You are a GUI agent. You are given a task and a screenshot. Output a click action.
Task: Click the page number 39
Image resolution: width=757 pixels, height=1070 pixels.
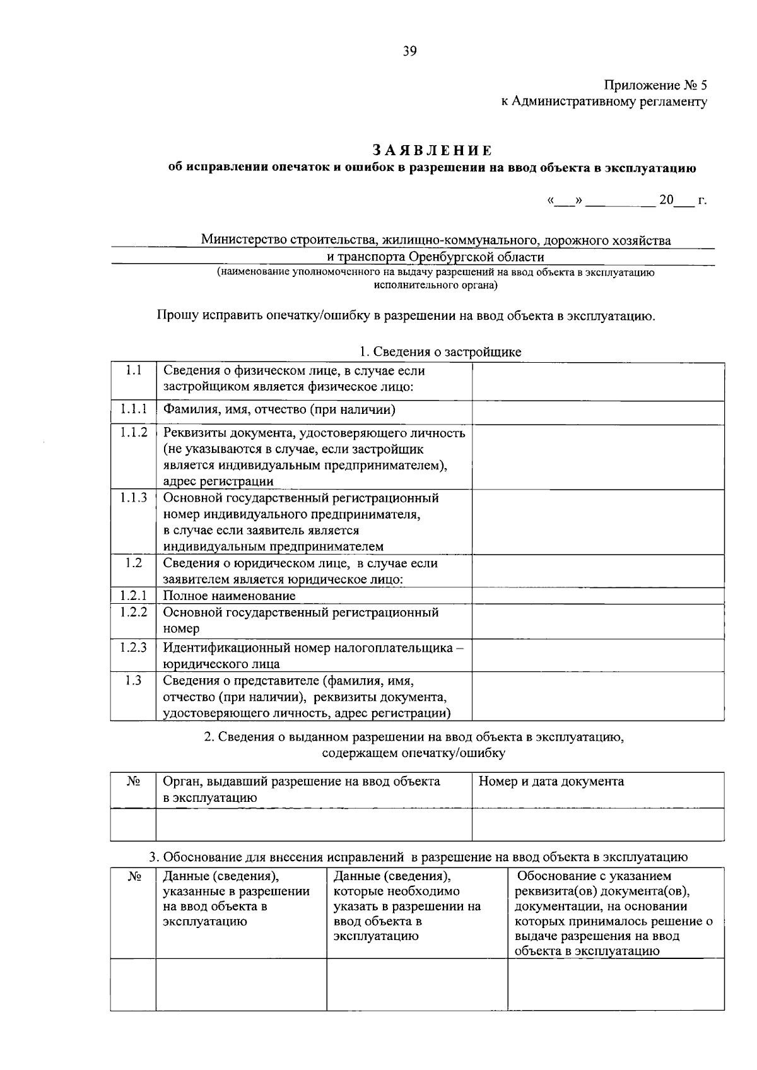[x=410, y=52]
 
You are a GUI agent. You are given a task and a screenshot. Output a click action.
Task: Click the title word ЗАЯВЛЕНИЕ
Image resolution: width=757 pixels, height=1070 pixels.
[x=431, y=150]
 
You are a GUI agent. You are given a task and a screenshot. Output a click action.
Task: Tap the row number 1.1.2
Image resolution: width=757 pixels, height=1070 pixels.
[x=133, y=432]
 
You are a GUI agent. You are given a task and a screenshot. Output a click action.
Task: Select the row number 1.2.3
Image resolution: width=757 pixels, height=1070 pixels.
[x=133, y=647]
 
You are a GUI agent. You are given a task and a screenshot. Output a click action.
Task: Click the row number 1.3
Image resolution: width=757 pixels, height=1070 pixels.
[x=133, y=680]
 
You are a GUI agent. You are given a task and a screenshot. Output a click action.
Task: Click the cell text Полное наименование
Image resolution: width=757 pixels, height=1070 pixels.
[x=229, y=596]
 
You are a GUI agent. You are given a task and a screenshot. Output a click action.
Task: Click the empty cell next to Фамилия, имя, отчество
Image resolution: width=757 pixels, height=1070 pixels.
[x=597, y=412]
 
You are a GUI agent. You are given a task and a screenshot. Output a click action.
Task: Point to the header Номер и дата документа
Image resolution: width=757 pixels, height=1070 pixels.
[x=551, y=782]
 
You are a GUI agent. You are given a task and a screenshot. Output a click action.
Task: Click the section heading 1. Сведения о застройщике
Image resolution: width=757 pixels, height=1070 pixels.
[x=440, y=352]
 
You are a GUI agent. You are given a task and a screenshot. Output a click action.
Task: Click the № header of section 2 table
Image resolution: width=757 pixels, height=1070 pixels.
[x=133, y=782]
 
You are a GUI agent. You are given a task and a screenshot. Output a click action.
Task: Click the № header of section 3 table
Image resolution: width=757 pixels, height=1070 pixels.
[x=133, y=877]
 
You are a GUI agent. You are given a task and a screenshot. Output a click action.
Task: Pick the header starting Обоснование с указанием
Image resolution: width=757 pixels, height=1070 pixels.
[x=594, y=876]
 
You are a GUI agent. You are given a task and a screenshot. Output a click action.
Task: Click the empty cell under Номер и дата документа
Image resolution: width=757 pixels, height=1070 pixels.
[x=597, y=824]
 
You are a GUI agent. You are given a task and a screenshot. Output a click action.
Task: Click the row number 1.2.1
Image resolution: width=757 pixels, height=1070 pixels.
[x=133, y=595]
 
